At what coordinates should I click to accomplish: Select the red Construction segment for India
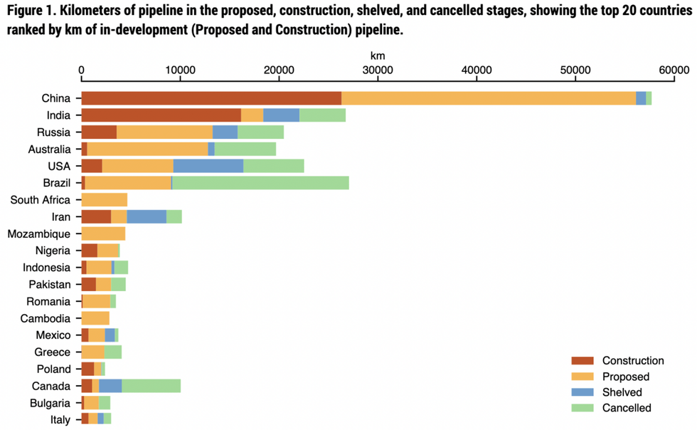pyautogui.click(x=161, y=115)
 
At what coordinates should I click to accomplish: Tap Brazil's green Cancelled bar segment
pyautogui.click(x=260, y=183)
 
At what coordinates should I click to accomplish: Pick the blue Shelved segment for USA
pyautogui.click(x=208, y=166)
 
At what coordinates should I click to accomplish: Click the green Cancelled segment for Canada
pyautogui.click(x=151, y=386)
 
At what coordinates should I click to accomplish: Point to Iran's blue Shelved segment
pyautogui.click(x=147, y=217)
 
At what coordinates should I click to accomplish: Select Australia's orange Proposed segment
pyautogui.click(x=147, y=149)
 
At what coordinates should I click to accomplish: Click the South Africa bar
pyautogui.click(x=104, y=200)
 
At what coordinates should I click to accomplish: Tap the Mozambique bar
pyautogui.click(x=103, y=234)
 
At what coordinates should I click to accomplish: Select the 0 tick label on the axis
pyautogui.click(x=82, y=70)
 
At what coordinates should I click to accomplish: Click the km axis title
pyautogui.click(x=378, y=55)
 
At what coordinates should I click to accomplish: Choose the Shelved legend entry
pyautogui.click(x=622, y=392)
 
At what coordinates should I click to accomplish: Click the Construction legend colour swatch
pyautogui.click(x=582, y=361)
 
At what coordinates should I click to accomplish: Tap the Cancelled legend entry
pyautogui.click(x=626, y=408)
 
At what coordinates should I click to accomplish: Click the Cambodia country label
pyautogui.click(x=46, y=318)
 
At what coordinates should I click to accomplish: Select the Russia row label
pyautogui.click(x=54, y=132)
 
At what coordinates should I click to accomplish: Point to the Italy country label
pyautogui.click(x=60, y=420)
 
